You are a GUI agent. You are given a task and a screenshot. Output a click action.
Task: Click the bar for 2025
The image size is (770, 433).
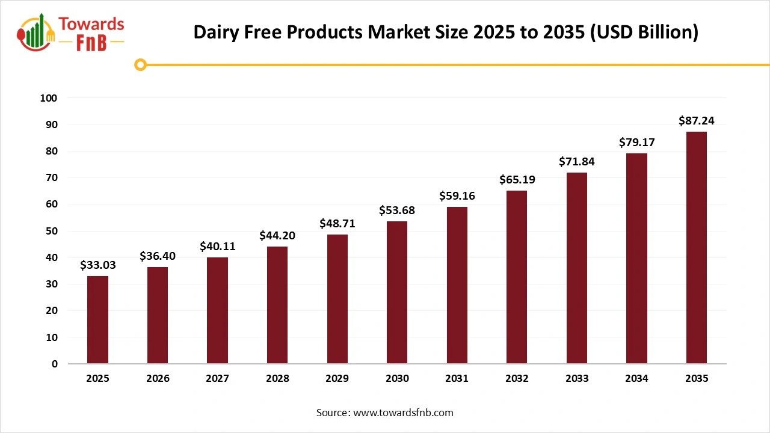pos(97,319)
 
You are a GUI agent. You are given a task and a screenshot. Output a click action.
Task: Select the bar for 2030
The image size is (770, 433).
pos(397,292)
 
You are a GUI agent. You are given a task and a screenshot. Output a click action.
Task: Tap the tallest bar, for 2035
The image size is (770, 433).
pos(697,247)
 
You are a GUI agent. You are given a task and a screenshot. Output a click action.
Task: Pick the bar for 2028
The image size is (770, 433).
pos(277,305)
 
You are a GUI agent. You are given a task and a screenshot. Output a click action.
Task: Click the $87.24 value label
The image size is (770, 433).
pos(697,121)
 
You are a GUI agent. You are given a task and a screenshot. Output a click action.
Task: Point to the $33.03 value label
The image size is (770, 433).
pos(97,265)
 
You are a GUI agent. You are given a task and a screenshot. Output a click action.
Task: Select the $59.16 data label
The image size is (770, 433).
pos(457,195)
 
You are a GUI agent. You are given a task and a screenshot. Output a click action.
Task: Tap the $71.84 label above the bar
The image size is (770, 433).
pos(576,162)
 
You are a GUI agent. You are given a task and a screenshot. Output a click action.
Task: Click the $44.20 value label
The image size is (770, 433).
pos(277,235)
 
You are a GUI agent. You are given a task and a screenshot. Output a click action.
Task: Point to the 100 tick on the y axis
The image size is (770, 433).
pos(49,98)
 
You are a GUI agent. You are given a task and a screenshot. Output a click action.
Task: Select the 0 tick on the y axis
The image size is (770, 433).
pos(54,364)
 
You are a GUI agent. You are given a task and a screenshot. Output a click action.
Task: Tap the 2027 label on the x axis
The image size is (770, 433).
pos(217,379)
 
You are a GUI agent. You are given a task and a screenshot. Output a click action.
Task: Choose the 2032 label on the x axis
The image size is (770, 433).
pos(517,379)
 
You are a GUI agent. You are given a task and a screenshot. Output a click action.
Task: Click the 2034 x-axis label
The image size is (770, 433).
pos(636,379)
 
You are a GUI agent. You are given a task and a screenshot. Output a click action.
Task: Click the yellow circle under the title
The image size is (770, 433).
pos(141,64)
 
